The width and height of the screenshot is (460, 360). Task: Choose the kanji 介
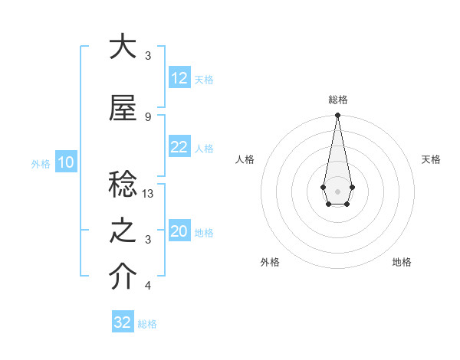[x=123, y=277]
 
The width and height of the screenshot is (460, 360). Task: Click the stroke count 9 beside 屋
[x=148, y=117]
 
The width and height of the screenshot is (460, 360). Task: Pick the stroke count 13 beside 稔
[x=149, y=195]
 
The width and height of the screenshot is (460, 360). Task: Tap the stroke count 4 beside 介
[x=148, y=286]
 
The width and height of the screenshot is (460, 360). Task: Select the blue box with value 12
[x=179, y=79]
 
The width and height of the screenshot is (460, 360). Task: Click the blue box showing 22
[x=179, y=148]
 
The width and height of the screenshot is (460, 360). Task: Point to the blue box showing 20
[x=179, y=232]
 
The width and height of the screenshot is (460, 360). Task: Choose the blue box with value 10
[x=66, y=162]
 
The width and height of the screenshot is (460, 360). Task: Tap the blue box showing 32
[x=123, y=322]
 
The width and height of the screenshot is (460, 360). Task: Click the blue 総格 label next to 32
[x=147, y=324]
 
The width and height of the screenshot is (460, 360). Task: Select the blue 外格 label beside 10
[x=41, y=163]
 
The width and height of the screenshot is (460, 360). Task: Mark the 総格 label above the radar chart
[x=337, y=100]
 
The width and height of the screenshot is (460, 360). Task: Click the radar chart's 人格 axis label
[x=245, y=159]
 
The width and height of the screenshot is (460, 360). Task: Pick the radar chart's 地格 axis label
[x=402, y=262]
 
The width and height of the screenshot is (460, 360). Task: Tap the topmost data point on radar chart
[x=337, y=116]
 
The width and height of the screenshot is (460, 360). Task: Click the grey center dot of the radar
[x=337, y=191]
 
